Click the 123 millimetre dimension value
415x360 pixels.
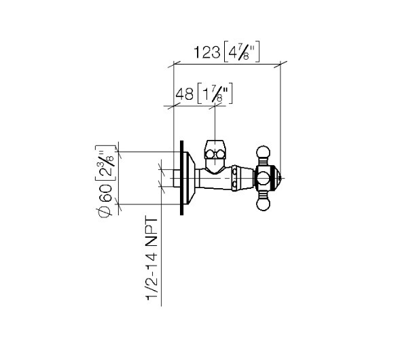point(206,52)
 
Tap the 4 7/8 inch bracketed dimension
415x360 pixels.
point(241,52)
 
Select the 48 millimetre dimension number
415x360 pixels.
point(185,94)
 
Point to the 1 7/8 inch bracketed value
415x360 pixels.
point(215,94)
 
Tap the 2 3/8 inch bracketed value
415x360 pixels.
point(105,163)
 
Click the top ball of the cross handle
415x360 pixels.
point(263,152)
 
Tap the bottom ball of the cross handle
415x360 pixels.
point(263,204)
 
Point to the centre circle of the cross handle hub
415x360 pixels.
point(263,178)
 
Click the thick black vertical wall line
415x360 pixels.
point(181,177)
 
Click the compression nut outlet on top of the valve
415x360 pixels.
point(215,157)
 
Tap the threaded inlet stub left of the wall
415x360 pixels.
point(177,179)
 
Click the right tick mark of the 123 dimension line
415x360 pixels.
point(281,65)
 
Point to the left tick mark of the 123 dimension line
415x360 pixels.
point(174,65)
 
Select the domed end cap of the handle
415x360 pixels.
point(277,178)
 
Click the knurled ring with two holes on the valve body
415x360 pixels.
point(234,178)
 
